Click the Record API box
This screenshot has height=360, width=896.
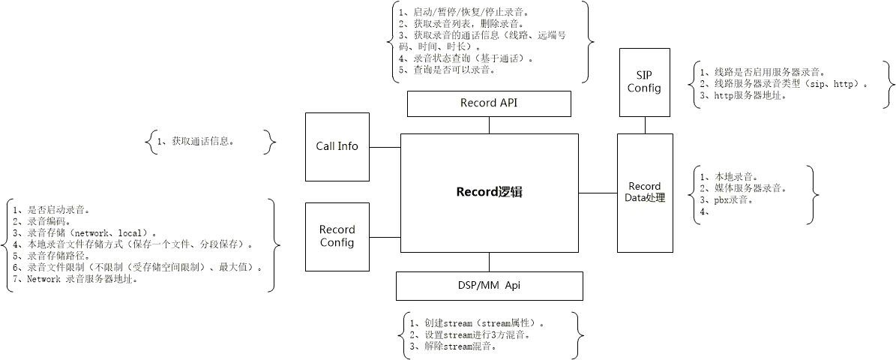click(x=489, y=103)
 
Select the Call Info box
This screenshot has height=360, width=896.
click(x=337, y=146)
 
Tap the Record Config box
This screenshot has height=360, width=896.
click(x=337, y=236)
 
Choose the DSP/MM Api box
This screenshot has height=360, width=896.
click(x=489, y=285)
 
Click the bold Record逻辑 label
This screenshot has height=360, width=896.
click(x=489, y=192)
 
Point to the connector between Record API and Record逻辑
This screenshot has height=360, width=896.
click(x=489, y=125)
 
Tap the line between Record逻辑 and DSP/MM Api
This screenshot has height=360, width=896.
click(x=489, y=262)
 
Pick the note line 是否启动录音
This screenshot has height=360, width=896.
click(x=52, y=211)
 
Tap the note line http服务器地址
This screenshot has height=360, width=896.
click(x=742, y=95)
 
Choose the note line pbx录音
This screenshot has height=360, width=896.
click(x=727, y=200)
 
